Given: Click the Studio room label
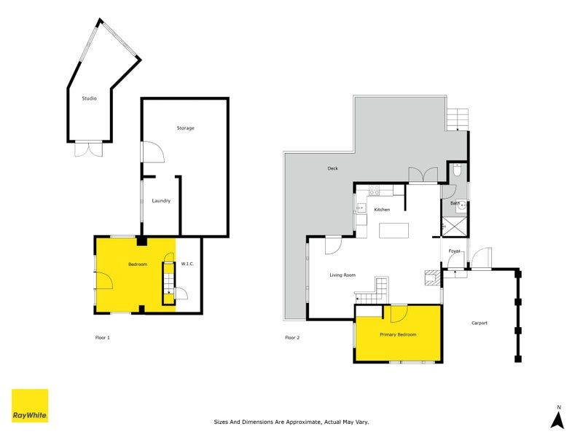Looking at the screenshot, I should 89,98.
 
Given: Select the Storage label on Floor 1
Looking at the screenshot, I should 185,128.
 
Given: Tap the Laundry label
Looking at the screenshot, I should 161,201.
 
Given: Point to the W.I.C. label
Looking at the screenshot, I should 187,264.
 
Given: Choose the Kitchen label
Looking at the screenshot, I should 382,210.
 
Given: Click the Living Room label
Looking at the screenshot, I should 343,275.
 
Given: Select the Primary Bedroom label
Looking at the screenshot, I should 398,334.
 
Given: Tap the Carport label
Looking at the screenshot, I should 479,323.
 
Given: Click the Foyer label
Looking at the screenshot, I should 454,251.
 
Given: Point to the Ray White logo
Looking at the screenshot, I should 30,406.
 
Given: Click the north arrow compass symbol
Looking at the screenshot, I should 558,418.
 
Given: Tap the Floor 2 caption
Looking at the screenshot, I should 291,337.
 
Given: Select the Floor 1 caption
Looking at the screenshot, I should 102,337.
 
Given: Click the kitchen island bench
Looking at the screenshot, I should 394,230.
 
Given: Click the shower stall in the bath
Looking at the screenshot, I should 455,227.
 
